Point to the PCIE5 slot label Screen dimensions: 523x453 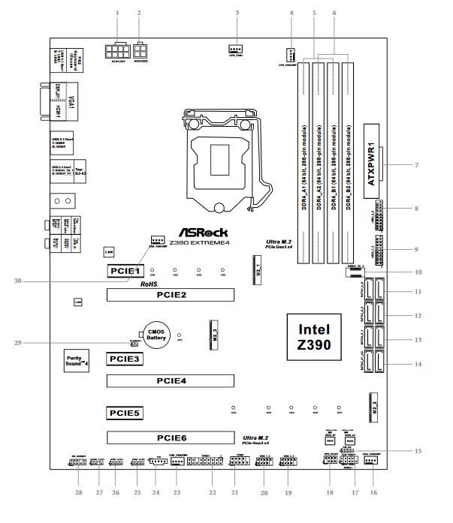coord(122,412)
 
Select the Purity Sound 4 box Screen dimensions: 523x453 coord(77,360)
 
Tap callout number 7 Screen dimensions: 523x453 coord(415,164)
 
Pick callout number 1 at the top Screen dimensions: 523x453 coord(118,14)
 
